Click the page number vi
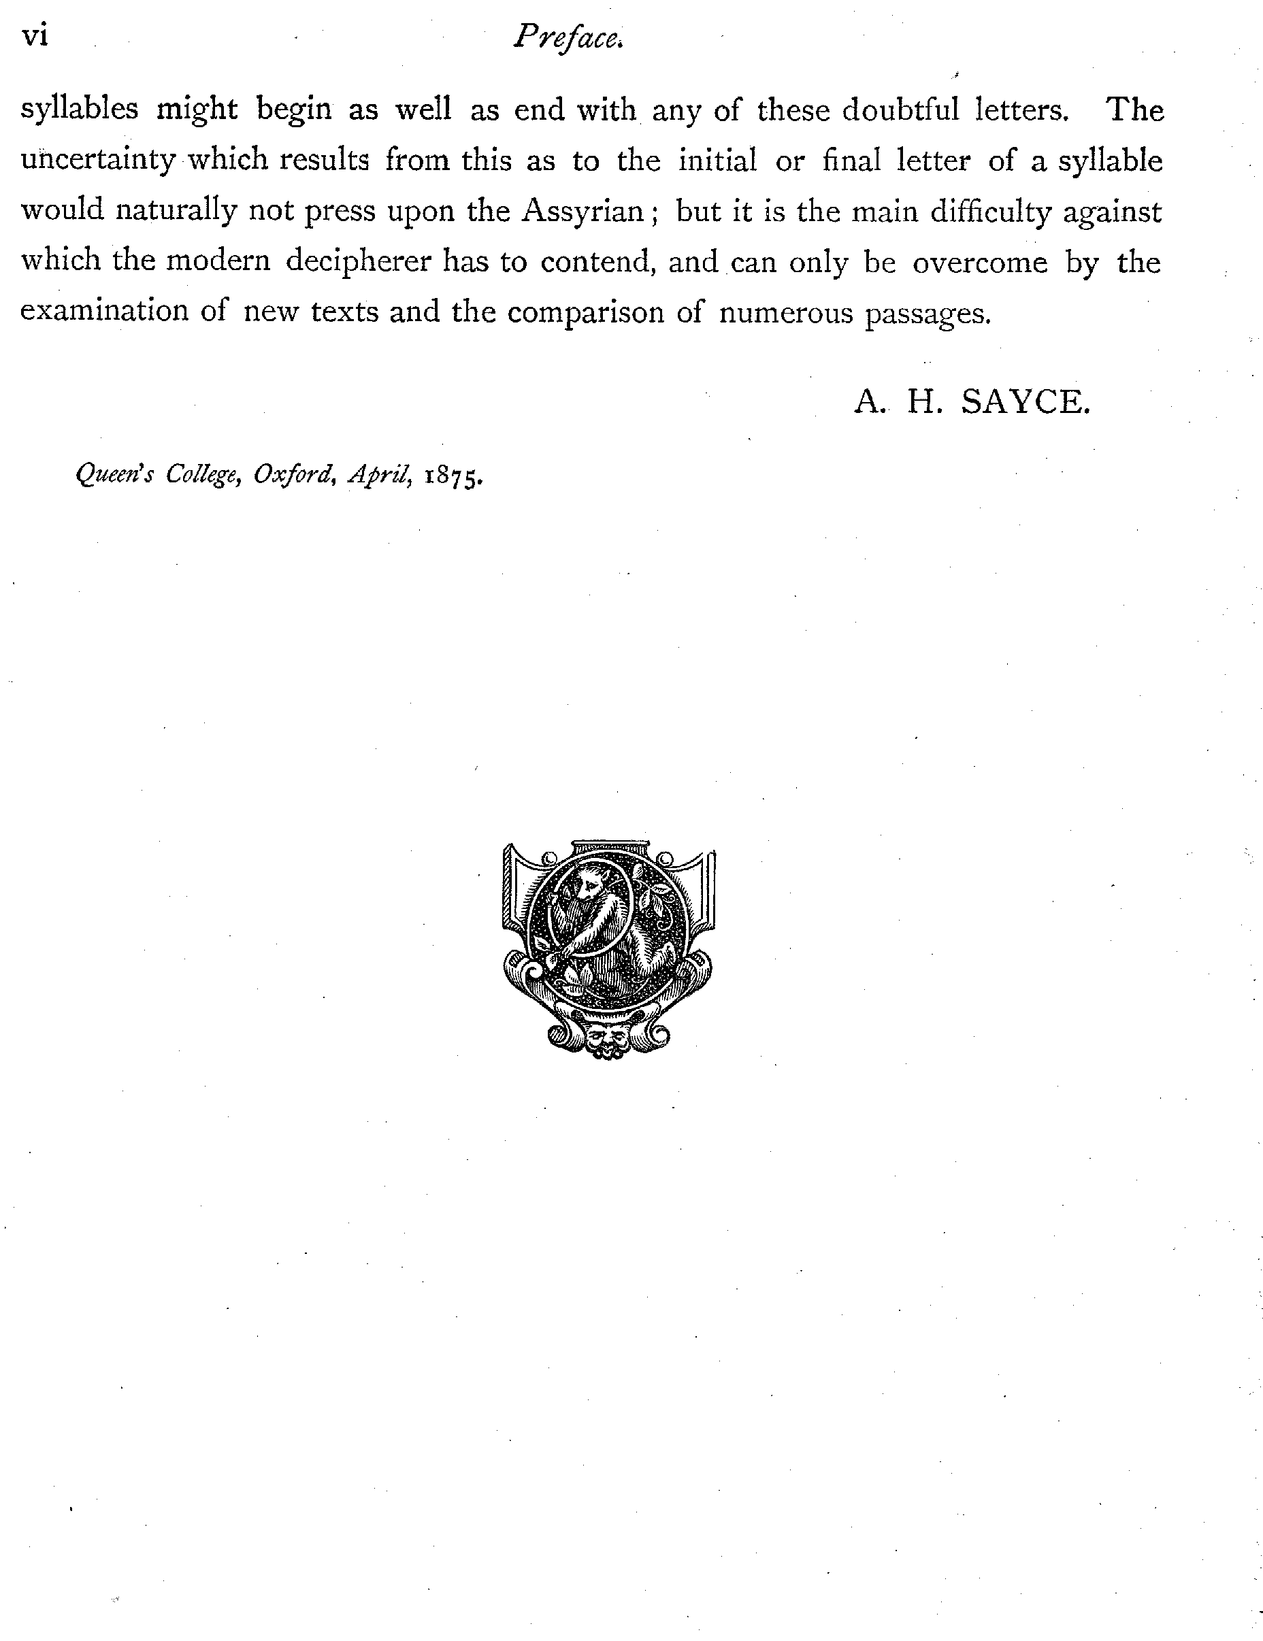(35, 36)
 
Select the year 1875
(453, 476)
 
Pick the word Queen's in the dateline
(114, 474)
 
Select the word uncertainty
(98, 161)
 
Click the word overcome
(980, 262)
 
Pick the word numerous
(786, 312)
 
